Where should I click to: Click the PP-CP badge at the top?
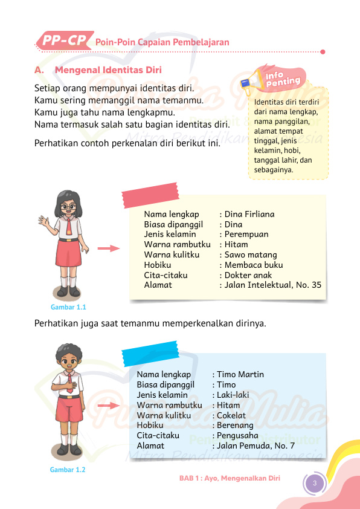coord(64,41)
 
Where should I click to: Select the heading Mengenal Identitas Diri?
coord(108,70)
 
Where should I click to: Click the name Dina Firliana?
coord(249,214)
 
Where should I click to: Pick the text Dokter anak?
coord(248,275)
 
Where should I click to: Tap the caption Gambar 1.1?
coord(68,306)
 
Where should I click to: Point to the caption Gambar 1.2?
coord(68,470)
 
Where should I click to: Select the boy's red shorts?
coord(69,412)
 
